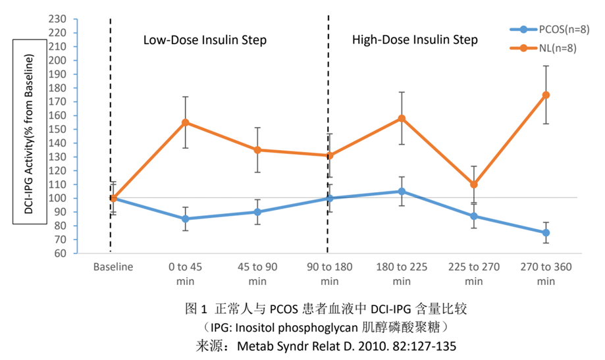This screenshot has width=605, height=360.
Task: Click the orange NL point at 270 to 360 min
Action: coord(546,95)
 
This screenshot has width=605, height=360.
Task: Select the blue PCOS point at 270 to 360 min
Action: coord(546,233)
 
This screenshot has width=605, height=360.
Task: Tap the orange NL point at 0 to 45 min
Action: coord(186,122)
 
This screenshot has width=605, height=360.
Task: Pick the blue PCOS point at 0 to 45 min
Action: coord(186,219)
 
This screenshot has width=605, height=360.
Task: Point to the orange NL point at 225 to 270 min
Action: coord(474,184)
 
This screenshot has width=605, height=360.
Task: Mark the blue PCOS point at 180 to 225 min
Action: coord(402,192)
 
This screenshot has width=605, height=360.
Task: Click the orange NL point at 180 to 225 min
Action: coord(402,118)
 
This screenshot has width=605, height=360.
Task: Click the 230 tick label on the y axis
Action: coord(57,18)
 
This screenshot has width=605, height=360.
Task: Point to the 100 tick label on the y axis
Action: coord(57,198)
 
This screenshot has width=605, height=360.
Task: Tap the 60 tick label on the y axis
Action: coord(60,253)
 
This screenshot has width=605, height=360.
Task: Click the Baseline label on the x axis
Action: coord(113,267)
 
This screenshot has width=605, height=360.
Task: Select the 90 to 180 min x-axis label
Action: coord(330,274)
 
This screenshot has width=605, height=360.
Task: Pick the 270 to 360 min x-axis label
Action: coord(546,274)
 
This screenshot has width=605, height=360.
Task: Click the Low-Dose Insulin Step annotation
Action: coord(205,40)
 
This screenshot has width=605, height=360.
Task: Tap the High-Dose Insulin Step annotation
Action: coord(415,40)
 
